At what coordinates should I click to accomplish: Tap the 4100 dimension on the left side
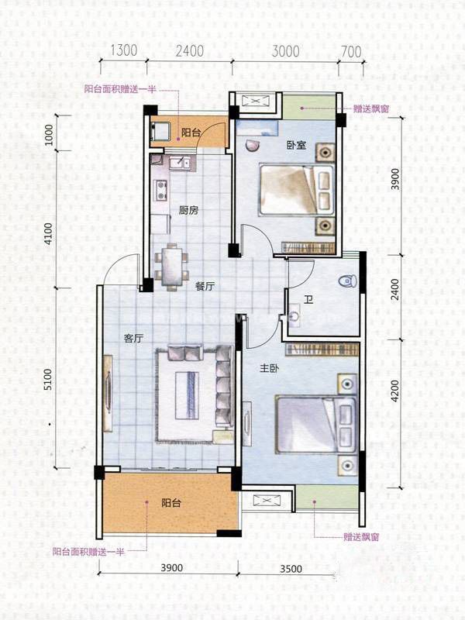48,233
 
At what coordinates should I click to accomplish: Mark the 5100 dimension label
48,380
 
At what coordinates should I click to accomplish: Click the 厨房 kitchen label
189,210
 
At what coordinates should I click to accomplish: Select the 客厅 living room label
133,338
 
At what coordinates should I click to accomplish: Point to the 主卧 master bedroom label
269,369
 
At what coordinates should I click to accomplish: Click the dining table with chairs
171,266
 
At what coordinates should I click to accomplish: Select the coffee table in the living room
187,395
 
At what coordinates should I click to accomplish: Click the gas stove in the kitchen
161,190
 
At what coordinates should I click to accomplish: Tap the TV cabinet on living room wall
107,395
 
